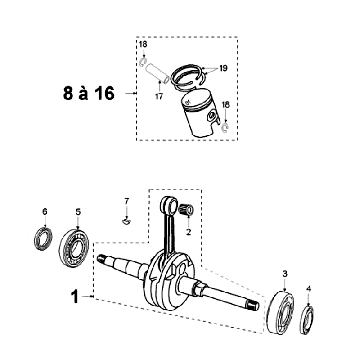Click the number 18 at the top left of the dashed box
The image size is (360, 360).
click(x=142, y=46)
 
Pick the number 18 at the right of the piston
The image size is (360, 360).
click(x=226, y=103)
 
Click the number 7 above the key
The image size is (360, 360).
click(x=126, y=204)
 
